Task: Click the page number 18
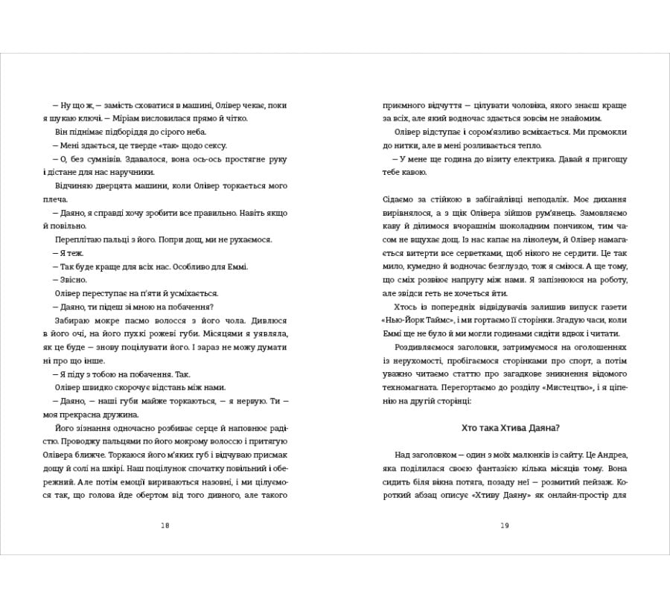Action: pyautogui.click(x=165, y=525)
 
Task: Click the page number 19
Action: pyautogui.click(x=504, y=525)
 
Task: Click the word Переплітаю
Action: pyautogui.click(x=80, y=240)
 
